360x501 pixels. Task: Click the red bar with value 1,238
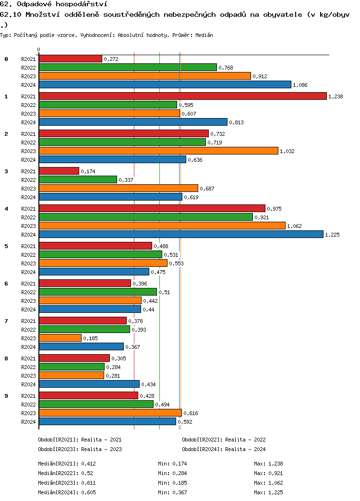pos(182,96)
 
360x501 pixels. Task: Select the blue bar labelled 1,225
pos(181,234)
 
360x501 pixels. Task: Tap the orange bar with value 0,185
pos(60,338)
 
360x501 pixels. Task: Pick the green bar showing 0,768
pos(128,67)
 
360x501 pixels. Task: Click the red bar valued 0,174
pos(59,171)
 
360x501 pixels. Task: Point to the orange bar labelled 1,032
pos(158,151)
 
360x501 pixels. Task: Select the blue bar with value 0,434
pos(89,384)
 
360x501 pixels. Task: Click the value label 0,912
pos(260,76)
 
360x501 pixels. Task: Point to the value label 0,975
pos(274,209)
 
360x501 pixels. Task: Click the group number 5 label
pos(6,246)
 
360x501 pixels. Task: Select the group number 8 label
pos(6,358)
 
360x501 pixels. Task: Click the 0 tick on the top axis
pos(39,49)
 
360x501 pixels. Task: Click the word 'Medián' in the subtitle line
pos(204,36)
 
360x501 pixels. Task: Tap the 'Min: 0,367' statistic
pos(172,492)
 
